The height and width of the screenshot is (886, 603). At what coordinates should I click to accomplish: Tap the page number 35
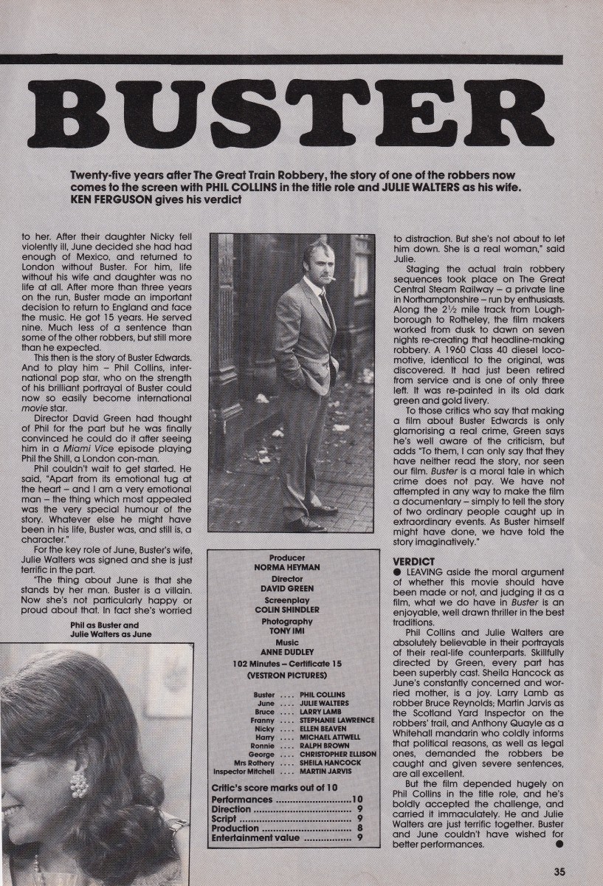pos(559,871)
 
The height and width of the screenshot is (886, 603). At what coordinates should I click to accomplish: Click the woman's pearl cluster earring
pos(79,784)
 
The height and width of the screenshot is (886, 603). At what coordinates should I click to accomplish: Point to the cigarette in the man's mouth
pos(334,278)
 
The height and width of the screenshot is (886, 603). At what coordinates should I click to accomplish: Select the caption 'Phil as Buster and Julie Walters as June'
pos(110,628)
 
